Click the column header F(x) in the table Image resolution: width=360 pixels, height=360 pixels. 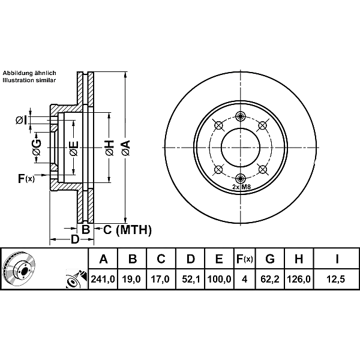point(244,259)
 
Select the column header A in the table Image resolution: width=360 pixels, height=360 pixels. point(103,259)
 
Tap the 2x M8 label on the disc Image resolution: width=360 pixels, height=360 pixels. point(241,187)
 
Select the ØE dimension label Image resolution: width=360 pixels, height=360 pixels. point(73,147)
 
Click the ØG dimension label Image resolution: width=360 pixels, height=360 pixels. point(37,147)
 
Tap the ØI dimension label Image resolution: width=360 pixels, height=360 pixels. point(21,121)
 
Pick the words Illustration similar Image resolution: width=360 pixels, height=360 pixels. point(29,80)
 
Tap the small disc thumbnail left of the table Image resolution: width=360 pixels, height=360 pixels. point(19,268)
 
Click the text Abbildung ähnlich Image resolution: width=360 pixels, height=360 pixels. point(29,73)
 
